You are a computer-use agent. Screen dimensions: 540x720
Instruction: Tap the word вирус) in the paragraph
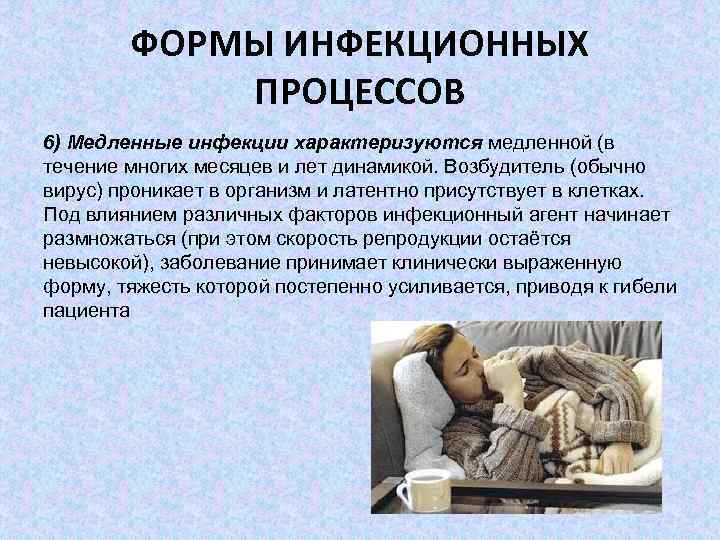[x=74, y=190]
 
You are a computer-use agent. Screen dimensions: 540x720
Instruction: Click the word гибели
[x=649, y=287]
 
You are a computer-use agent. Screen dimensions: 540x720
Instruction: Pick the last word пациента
[x=87, y=311]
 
